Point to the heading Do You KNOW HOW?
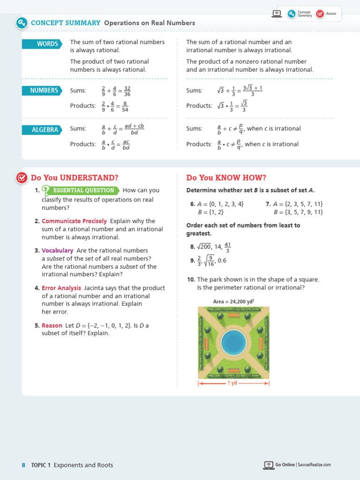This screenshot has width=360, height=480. (226, 178)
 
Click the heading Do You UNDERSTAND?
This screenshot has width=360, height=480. (75, 178)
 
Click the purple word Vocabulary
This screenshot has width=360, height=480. (57, 251)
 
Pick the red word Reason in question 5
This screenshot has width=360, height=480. (52, 326)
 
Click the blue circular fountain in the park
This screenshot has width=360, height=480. (233, 342)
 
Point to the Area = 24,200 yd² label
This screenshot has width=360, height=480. (233, 302)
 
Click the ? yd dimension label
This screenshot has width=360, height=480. (233, 383)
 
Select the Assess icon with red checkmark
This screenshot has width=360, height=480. (320, 14)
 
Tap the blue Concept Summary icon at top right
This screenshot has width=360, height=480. (292, 14)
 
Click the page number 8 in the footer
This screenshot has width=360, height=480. (23, 465)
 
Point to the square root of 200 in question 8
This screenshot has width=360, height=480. (204, 247)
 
